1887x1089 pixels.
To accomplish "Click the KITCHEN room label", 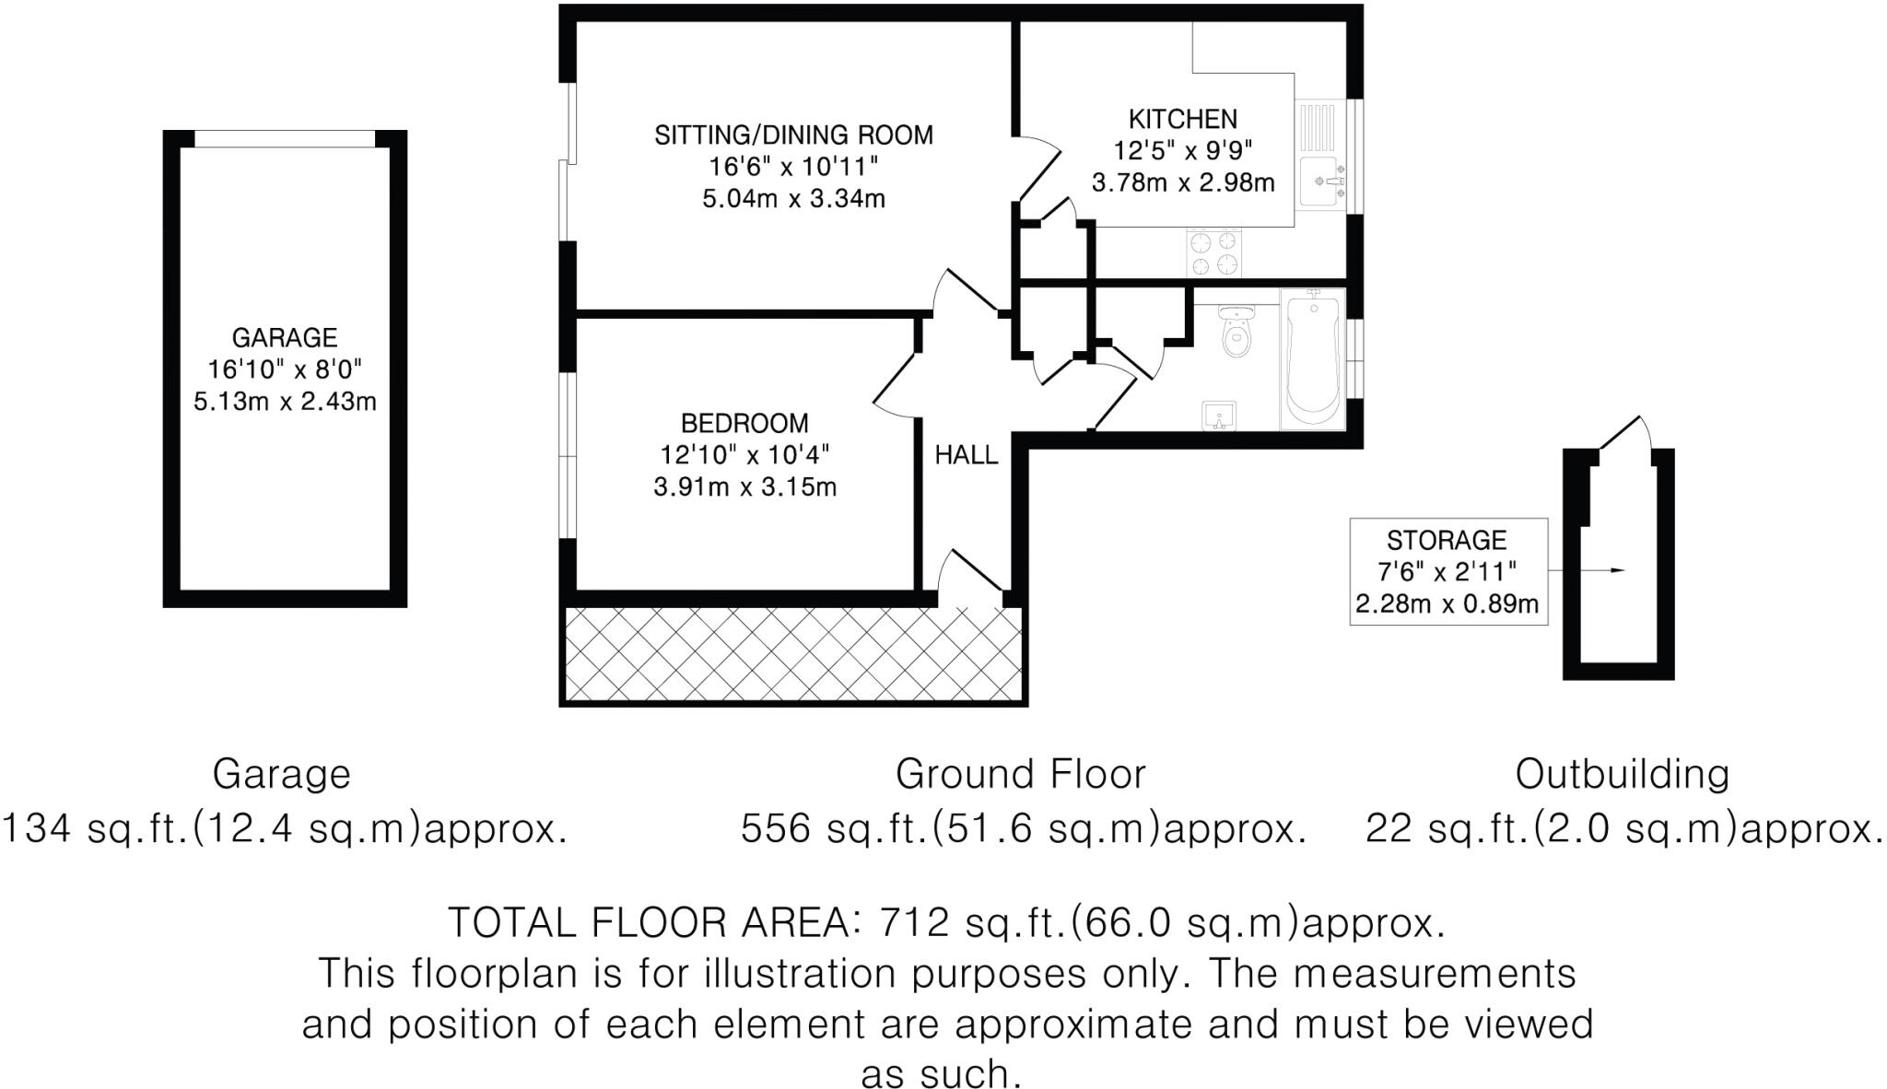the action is [x=1183, y=119].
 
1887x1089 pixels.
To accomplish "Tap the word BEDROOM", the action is [x=744, y=423].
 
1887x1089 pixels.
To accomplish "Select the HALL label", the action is [x=967, y=454].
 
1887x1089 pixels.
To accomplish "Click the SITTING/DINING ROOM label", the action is [x=793, y=135].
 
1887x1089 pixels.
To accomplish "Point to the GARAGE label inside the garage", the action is [x=285, y=337].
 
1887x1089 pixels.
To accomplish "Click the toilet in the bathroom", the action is [x=1235, y=333].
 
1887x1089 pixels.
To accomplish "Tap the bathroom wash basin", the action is [x=1219, y=416].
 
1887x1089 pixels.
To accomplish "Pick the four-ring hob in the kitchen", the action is [x=1213, y=252].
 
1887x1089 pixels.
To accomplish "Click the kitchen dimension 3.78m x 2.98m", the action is [x=1183, y=182].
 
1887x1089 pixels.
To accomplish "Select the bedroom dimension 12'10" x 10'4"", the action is [x=744, y=455].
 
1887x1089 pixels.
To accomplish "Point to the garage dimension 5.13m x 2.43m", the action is [x=285, y=402].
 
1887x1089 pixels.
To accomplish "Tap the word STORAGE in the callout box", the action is [x=1447, y=540].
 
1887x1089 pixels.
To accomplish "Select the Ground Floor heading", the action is [x=1020, y=774].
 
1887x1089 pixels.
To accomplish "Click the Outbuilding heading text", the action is [x=1622, y=774].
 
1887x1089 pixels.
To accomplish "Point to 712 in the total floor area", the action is [x=914, y=921].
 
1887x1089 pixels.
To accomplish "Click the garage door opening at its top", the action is [x=285, y=139].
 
